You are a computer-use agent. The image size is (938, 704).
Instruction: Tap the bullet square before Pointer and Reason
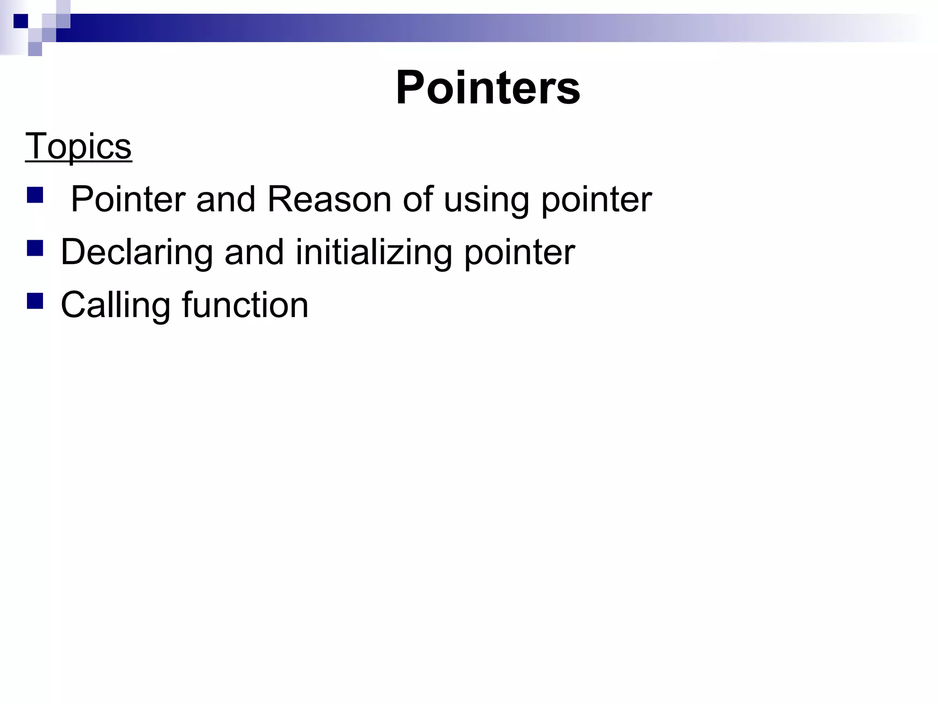[35, 195]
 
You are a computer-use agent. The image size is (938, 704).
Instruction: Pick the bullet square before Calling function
[35, 301]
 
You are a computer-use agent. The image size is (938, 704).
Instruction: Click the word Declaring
[136, 253]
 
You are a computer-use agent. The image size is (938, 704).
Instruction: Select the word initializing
[374, 253]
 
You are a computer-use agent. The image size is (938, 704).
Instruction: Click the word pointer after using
[596, 200]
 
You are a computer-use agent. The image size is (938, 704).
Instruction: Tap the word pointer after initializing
[519, 253]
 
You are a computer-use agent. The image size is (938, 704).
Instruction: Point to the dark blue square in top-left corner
[21, 21]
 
